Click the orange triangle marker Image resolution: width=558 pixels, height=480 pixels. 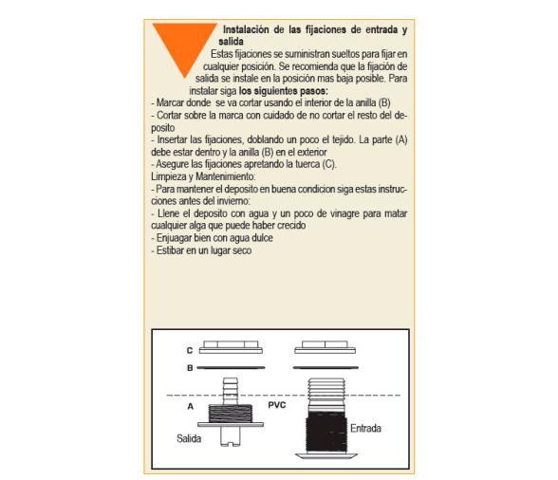pyautogui.click(x=184, y=45)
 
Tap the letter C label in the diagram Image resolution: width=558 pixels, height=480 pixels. pyautogui.click(x=189, y=350)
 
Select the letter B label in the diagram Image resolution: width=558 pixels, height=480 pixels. pyautogui.click(x=189, y=366)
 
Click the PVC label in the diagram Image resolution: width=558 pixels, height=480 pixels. pyautogui.click(x=276, y=405)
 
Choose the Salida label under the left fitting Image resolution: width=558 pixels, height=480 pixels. pyautogui.click(x=190, y=438)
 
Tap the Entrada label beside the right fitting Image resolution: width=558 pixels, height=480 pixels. pyautogui.click(x=365, y=429)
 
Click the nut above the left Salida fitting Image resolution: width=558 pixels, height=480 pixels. pyautogui.click(x=232, y=347)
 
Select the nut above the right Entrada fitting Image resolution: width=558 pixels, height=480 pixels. pyautogui.click(x=325, y=347)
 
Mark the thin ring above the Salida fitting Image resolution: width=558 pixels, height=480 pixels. pyautogui.click(x=232, y=366)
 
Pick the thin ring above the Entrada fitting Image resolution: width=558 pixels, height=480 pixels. pyautogui.click(x=325, y=366)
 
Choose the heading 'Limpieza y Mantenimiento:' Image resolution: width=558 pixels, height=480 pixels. pyautogui.click(x=202, y=177)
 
